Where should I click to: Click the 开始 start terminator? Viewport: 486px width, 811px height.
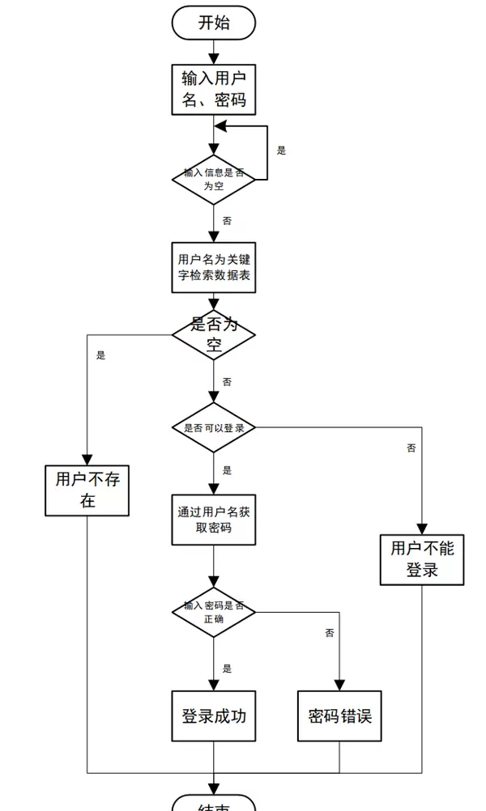[214, 23]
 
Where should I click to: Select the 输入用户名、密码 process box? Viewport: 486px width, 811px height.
[214, 89]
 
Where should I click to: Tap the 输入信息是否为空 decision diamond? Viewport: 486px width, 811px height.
[214, 179]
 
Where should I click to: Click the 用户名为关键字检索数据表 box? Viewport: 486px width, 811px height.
[214, 268]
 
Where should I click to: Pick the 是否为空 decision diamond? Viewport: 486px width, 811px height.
[214, 335]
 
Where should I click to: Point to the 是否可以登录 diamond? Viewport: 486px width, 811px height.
[214, 427]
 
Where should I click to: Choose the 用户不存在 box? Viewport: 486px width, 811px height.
[87, 490]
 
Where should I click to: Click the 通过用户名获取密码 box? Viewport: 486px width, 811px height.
[214, 520]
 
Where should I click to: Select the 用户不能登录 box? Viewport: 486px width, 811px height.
[422, 559]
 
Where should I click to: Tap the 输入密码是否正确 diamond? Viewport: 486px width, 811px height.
[214, 612]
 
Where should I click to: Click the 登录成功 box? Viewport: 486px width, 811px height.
[214, 715]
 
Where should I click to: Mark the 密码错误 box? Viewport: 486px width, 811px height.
[339, 715]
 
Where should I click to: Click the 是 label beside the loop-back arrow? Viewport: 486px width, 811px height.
[281, 151]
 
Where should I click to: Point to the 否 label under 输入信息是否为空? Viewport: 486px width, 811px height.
[227, 220]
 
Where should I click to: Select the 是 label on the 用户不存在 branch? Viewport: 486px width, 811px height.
[100, 355]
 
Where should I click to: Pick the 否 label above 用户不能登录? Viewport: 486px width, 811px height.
[411, 448]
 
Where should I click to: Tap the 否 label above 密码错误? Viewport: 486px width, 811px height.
[329, 633]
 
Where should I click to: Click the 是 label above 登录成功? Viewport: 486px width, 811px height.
[227, 669]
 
